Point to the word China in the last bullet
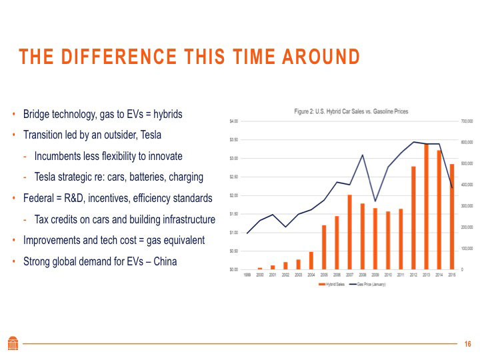(x=165, y=261)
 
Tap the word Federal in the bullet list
(x=39, y=198)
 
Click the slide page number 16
(x=467, y=344)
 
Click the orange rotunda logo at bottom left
(x=13, y=343)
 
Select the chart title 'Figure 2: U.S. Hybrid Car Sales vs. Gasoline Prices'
(x=351, y=111)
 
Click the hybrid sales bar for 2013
(x=425, y=207)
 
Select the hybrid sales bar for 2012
(x=413, y=217)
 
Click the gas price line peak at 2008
(x=362, y=155)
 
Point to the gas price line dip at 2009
(x=375, y=201)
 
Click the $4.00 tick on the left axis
(x=233, y=121)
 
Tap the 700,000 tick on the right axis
(x=466, y=121)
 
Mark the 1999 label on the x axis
(x=247, y=275)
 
